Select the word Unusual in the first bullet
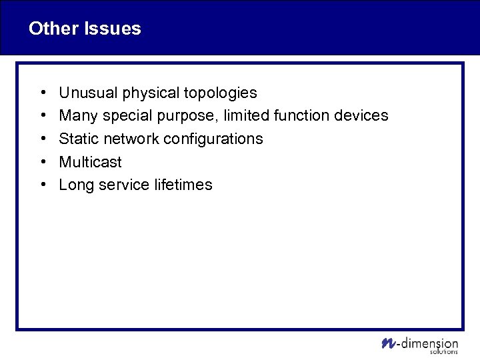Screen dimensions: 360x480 click(x=85, y=93)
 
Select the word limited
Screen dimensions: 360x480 click(x=246, y=116)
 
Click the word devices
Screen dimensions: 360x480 click(x=361, y=116)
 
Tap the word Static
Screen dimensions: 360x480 click(x=77, y=139)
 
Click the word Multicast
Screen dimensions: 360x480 click(x=90, y=162)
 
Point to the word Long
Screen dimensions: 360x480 click(x=75, y=185)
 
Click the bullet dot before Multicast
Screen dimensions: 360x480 click(x=42, y=162)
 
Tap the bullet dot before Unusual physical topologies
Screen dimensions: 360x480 click(x=42, y=93)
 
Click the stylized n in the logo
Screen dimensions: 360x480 click(x=387, y=343)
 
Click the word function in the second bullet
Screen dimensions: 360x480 click(x=303, y=116)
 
